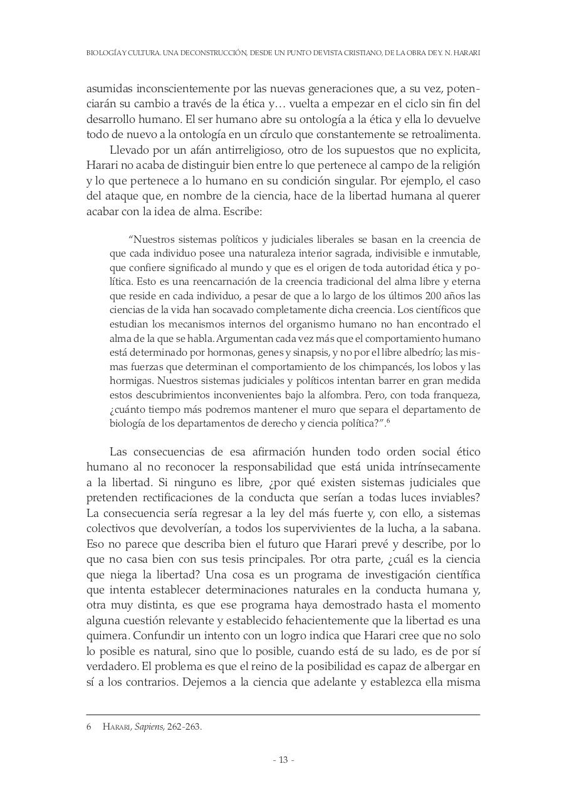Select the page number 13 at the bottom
283,760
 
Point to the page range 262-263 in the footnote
185,727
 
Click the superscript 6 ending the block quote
389,420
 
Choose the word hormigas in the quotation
131,381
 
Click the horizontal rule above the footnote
283,714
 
